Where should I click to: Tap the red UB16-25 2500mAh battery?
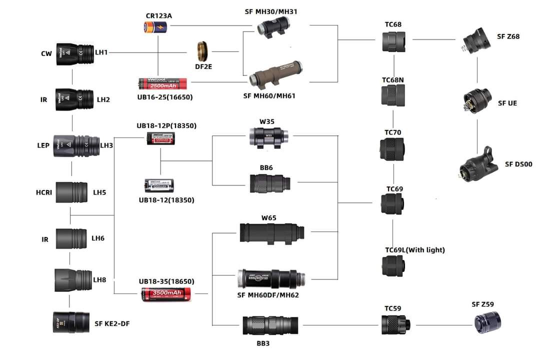tap(162, 83)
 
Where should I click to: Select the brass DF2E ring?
tap(202, 50)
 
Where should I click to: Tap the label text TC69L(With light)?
tap(414, 250)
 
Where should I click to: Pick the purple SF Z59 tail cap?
tap(487, 320)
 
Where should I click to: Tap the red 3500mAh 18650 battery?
tap(167, 294)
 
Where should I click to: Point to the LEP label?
tap(43, 145)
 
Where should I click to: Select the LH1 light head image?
tap(74, 52)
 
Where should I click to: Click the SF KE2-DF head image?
tap(70, 322)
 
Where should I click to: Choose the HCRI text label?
tap(43, 192)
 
